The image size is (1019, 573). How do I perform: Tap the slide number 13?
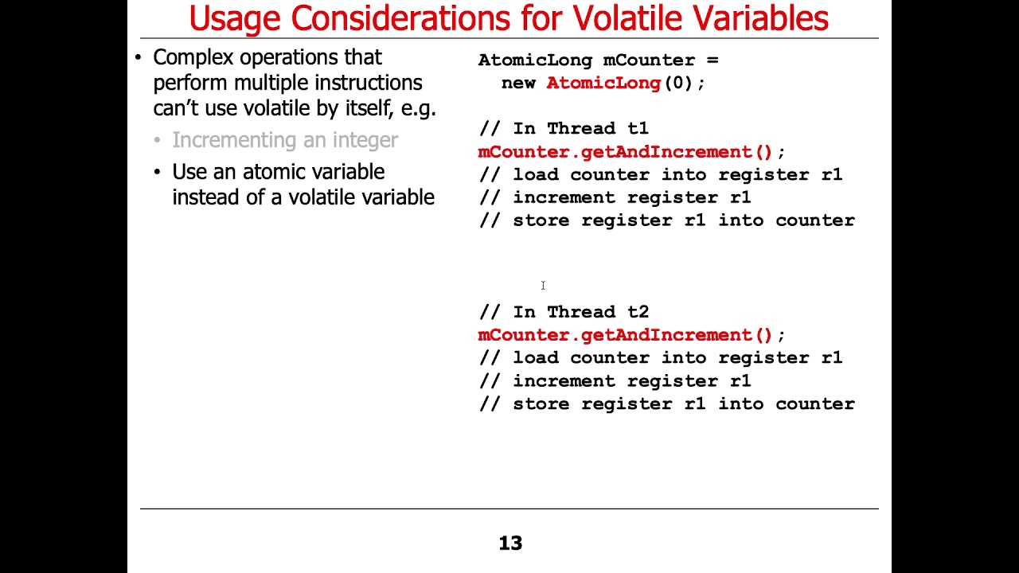510,544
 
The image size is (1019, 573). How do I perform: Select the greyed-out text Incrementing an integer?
285,140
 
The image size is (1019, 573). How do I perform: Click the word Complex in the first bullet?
193,58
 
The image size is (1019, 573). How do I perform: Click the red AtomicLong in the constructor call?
603,83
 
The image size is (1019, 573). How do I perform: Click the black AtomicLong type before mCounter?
535,60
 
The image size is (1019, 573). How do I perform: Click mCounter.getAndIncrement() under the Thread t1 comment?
626,152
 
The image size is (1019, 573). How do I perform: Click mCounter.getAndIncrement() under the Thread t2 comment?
626,335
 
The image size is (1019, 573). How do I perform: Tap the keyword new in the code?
518,83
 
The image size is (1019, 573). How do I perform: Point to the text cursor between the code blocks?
543,286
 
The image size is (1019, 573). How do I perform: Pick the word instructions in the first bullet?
368,83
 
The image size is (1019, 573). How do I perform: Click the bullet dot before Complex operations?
139,58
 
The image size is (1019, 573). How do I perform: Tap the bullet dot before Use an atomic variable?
158,172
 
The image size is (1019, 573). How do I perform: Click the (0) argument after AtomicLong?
678,83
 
